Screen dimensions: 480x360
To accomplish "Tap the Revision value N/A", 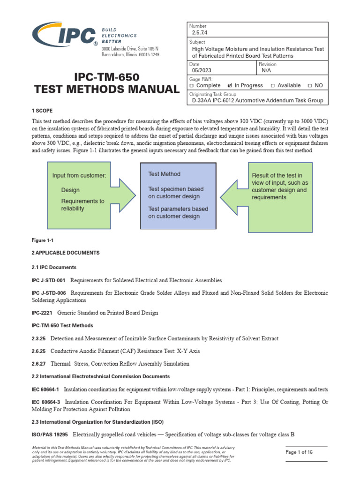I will pos(266,70).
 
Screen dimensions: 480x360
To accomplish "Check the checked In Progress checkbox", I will pos(230,86).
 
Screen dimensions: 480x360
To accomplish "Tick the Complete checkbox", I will pos(192,86).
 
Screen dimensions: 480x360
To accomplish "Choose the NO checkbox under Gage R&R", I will pos(309,86).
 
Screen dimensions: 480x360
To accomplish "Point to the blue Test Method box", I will pos(178,195).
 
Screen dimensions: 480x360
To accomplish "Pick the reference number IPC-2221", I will pos(42,312).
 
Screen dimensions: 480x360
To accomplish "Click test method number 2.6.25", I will pos(39,351).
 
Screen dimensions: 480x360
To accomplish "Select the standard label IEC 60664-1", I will pos(45,389).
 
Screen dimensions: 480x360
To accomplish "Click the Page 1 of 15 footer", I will pos(299,452).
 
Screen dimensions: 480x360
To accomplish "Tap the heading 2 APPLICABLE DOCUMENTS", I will pos(65,253).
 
